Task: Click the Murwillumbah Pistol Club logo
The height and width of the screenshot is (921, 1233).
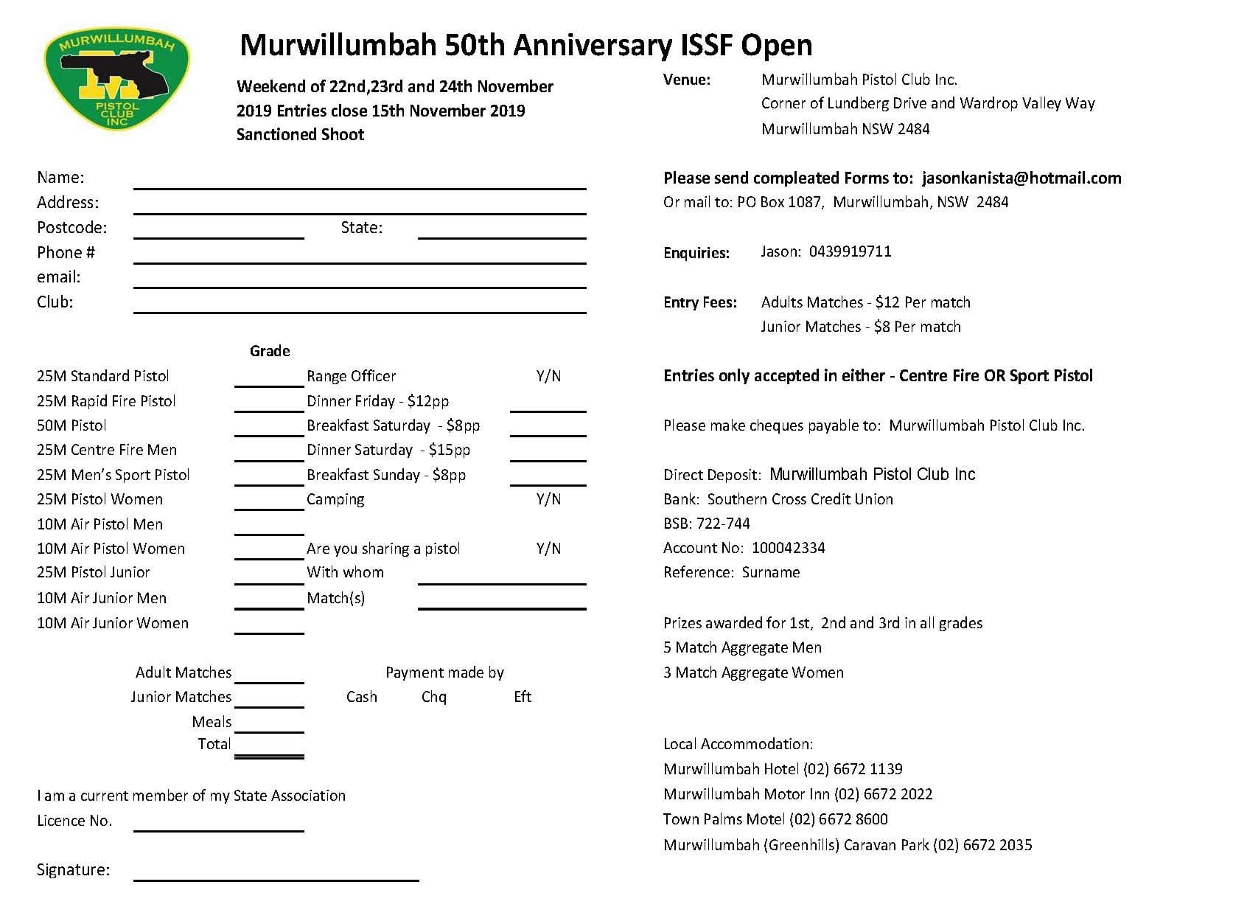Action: point(116,80)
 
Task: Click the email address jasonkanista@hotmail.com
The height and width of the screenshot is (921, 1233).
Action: point(1021,178)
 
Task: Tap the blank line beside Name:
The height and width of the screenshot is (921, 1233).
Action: point(360,181)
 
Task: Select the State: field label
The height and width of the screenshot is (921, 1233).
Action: point(361,228)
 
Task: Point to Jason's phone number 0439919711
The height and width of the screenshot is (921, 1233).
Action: point(850,251)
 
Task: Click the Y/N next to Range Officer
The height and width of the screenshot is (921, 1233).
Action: point(548,376)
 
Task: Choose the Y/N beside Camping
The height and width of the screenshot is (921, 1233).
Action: point(548,499)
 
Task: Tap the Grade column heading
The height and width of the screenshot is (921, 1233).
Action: point(270,351)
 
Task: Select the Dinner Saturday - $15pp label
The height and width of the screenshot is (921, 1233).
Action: point(388,450)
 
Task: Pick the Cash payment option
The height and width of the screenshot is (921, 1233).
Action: point(361,697)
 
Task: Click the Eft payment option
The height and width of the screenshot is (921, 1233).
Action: point(523,697)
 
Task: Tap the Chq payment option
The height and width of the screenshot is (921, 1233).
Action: point(434,697)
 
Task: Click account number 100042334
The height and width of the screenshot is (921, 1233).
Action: point(788,548)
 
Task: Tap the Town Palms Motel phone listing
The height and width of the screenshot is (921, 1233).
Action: point(775,819)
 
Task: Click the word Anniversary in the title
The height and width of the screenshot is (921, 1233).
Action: point(593,45)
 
